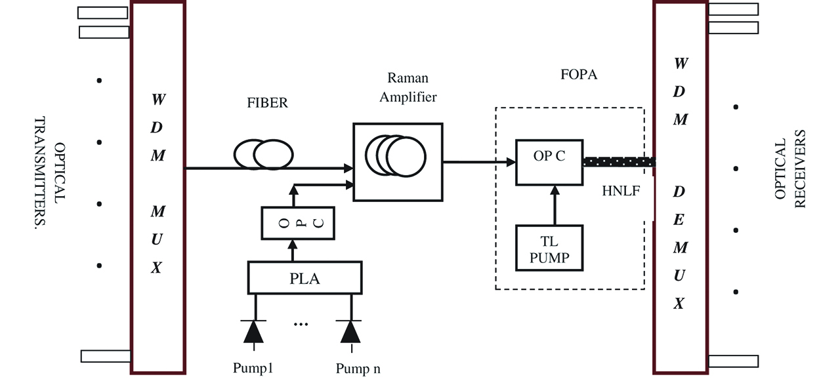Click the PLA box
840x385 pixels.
coord(304,277)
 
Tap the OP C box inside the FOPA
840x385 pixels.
coord(549,161)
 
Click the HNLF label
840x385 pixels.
coord(621,192)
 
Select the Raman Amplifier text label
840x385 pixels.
coord(408,87)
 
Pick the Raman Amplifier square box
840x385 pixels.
coord(397,161)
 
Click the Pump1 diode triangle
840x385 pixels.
coord(254,333)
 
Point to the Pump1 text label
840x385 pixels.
coord(253,368)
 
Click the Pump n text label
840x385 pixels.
coord(358,369)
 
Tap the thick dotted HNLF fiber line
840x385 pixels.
coord(618,161)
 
